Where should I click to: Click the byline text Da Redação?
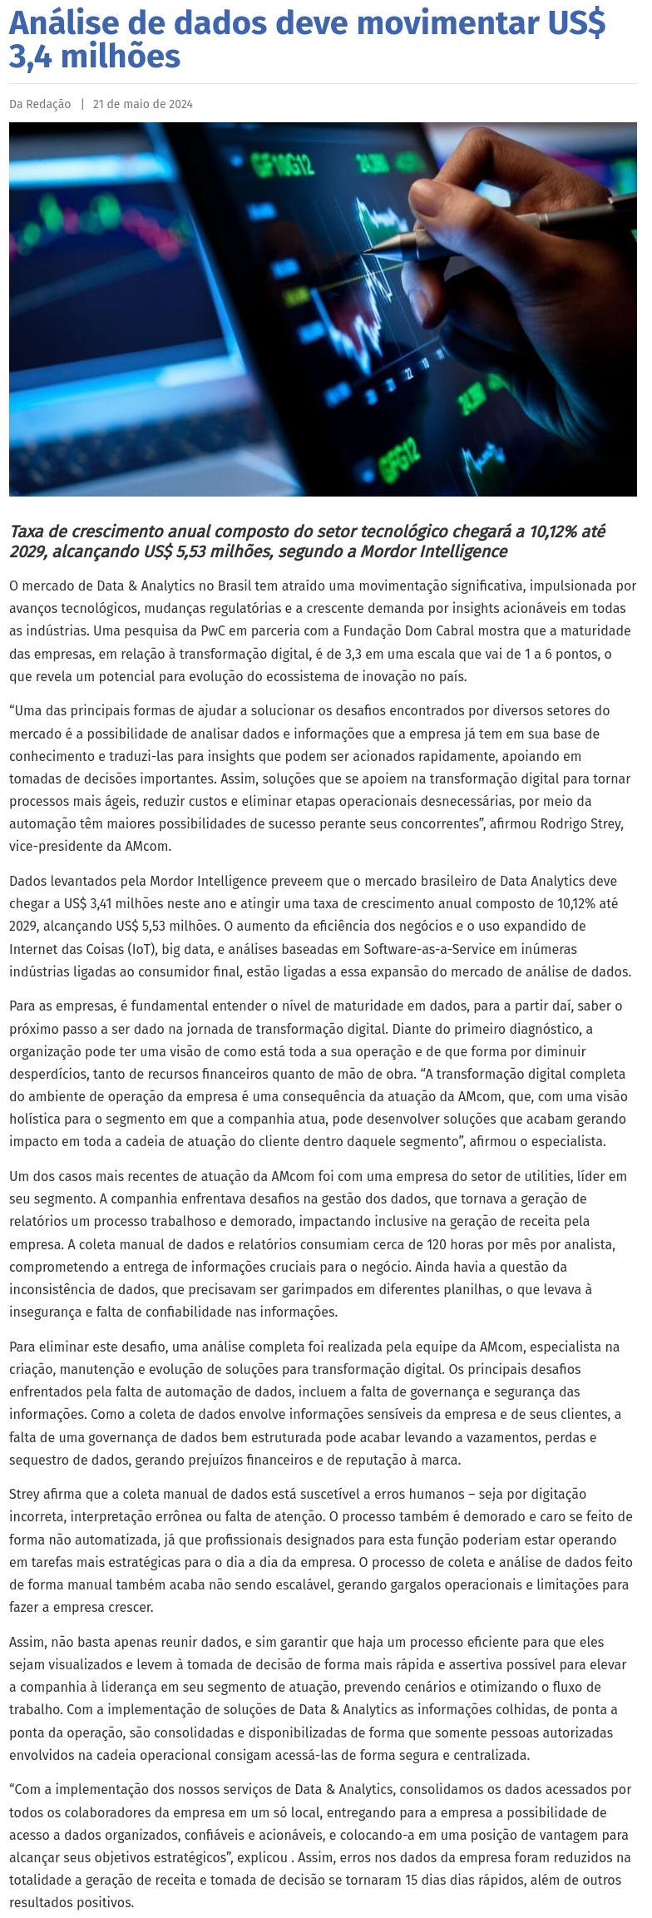[40, 104]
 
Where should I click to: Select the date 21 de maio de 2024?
[143, 104]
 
